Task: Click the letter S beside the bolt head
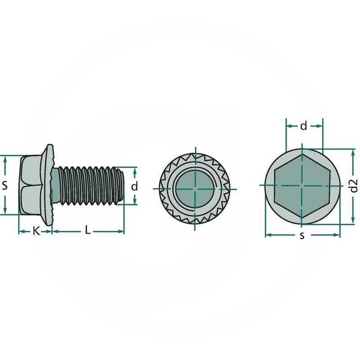pos(5,185)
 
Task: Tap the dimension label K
pos(36,231)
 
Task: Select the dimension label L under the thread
pos(88,231)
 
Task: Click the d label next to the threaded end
pos(134,186)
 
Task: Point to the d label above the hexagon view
pos(304,126)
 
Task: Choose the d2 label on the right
pos(354,186)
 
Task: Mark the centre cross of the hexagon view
pos(302,185)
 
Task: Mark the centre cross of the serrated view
pos(195,188)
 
